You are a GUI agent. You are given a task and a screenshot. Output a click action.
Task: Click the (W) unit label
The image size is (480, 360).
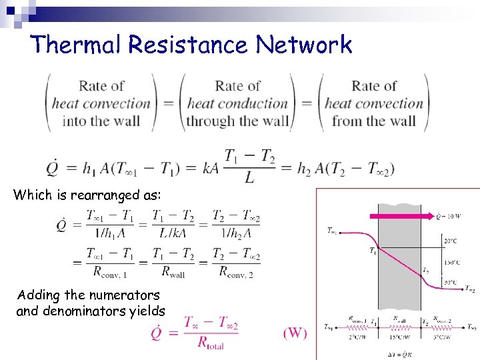pyautogui.click(x=295, y=332)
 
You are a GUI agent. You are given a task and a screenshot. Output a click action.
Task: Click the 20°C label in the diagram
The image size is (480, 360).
pyautogui.click(x=451, y=241)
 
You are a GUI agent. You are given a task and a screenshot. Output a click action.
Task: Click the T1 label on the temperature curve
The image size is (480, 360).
pyautogui.click(x=373, y=251)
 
